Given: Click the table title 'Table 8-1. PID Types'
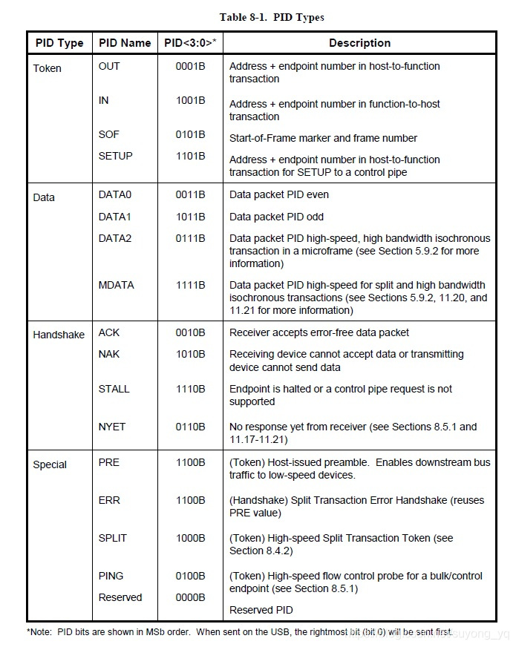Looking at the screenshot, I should coord(272,17).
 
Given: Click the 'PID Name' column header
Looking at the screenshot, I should coord(125,43).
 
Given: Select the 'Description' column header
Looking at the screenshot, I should coord(359,43).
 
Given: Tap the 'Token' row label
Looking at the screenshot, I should coord(48,68).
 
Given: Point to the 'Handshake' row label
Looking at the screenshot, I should coord(59,335).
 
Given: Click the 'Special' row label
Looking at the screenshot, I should coord(50,464).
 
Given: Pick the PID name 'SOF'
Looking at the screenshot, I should coord(108,134).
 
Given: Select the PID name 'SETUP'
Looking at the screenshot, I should coord(115,156).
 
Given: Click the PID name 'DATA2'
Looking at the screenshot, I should coord(116,238).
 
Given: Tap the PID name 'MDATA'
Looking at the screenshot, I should coord(116,285).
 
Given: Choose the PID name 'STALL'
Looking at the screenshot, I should coord(114,389).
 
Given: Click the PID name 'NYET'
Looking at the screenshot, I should coord(112,427).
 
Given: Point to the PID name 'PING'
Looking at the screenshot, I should coord(111,576).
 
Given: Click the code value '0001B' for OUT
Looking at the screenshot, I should coord(191,66).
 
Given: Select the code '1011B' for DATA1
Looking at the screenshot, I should coord(191,217).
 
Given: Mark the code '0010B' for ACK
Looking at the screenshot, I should coord(191,332).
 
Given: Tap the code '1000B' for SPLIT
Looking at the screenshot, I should coord(191,538).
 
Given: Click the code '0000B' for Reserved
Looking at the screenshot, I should coord(191,597).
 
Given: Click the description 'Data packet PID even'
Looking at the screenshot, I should coord(279,194).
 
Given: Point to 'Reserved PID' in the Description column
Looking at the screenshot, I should coord(261,610).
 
